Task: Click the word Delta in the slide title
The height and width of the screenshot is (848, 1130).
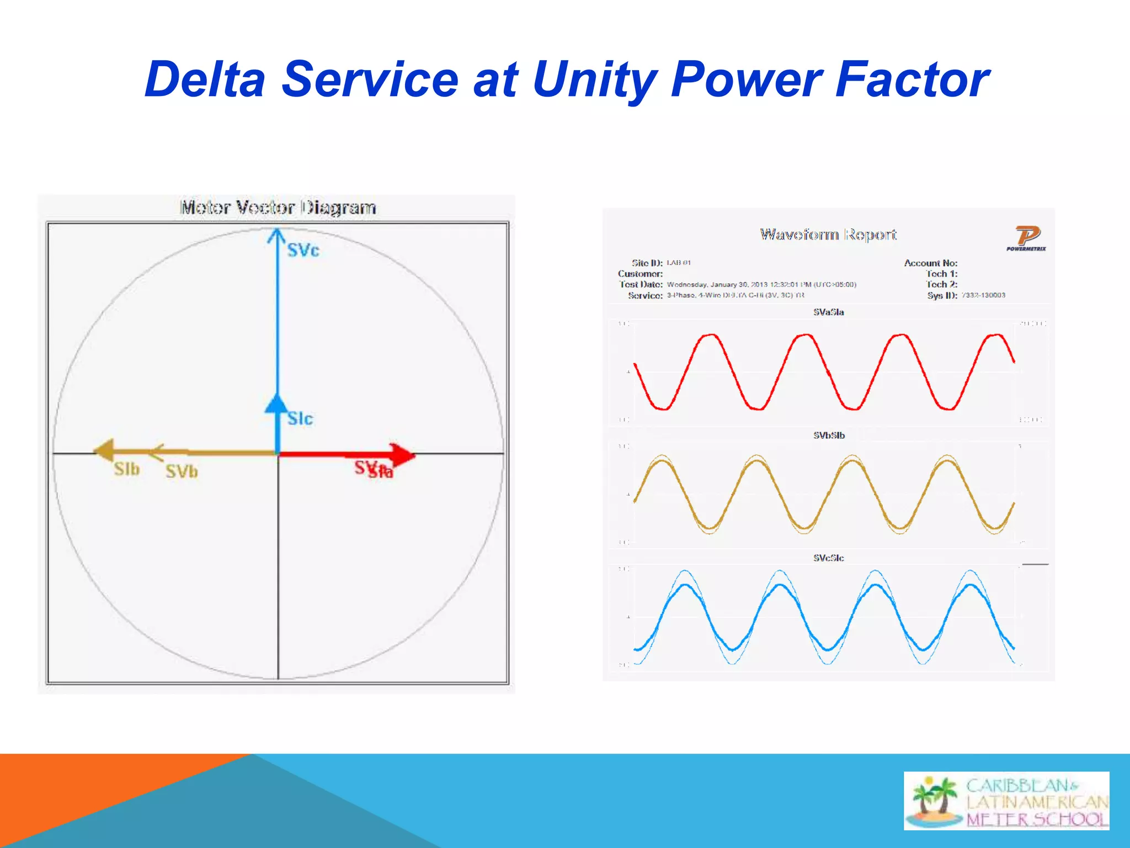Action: [205, 80]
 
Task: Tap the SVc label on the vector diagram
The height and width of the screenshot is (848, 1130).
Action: [303, 250]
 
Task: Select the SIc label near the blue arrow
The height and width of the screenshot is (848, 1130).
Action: [300, 418]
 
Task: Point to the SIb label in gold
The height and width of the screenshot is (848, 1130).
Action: [126, 469]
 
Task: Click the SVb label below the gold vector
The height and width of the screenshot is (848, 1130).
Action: [182, 471]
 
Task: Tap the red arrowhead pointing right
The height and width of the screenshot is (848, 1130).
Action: [403, 454]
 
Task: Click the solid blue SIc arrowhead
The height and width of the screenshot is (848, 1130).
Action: [276, 404]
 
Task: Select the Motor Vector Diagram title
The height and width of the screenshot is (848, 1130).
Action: [278, 208]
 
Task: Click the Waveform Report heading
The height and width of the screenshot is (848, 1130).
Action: [828, 235]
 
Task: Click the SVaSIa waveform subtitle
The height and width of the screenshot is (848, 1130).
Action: [828, 312]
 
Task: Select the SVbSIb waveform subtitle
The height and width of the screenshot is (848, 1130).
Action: [829, 435]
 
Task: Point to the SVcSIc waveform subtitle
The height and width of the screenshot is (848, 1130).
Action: [828, 558]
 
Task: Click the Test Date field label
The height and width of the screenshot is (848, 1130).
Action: [641, 284]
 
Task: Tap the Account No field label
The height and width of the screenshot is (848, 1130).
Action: [930, 263]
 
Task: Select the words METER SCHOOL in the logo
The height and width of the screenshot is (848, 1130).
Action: [1036, 819]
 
